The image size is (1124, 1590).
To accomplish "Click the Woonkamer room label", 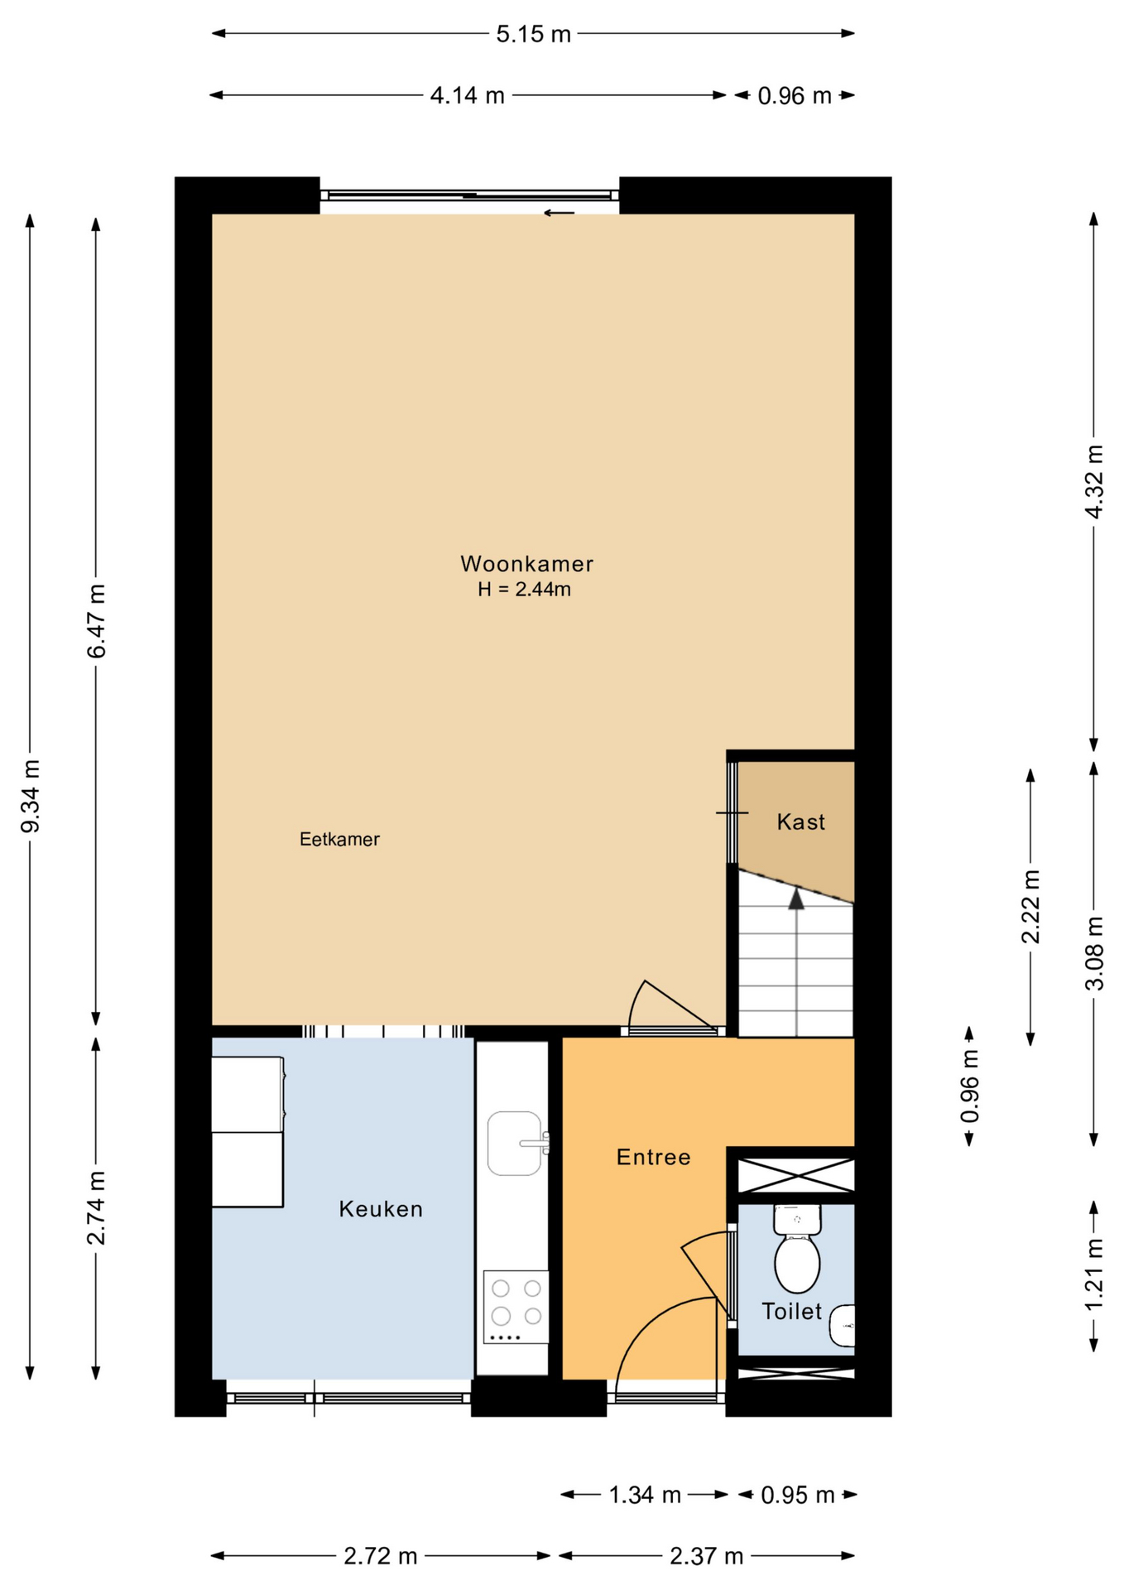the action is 526,564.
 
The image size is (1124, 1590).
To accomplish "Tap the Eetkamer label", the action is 339,839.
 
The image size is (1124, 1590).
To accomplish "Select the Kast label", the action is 800,821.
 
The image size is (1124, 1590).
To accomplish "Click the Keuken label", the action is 381,1209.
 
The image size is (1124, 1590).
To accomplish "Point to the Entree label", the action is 653,1157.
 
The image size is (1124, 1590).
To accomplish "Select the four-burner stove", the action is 516,1307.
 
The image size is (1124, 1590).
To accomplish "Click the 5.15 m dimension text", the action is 533,34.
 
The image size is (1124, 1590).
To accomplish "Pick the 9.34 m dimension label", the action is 31,796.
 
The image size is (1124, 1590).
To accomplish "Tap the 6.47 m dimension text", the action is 97,621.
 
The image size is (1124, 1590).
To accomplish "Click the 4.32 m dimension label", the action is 1094,482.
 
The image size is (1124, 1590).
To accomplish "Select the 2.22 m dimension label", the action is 1030,907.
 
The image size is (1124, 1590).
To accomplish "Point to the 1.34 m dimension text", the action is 645,1495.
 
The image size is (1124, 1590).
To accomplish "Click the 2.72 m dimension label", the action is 381,1556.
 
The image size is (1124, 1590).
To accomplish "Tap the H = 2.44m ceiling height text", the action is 524,590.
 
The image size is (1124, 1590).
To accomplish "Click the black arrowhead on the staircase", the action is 796,899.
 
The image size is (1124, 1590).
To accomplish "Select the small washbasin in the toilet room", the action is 843,1327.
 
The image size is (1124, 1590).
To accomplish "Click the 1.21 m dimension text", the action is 1094,1275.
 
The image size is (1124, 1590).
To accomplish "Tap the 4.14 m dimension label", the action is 467,96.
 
